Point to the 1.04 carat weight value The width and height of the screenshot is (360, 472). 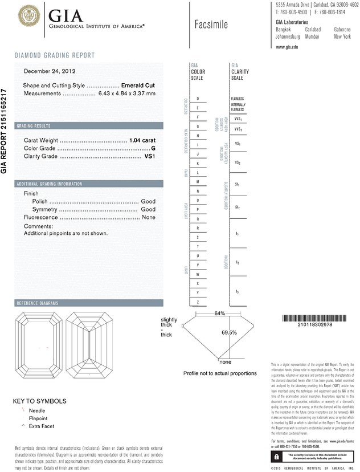[x=142, y=140]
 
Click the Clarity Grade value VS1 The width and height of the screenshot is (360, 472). [x=150, y=156]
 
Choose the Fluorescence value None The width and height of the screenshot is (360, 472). [x=149, y=218]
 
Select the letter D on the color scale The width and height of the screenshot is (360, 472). [x=198, y=99]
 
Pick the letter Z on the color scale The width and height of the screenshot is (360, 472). [x=198, y=302]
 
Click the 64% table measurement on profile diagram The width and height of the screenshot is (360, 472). [x=220, y=314]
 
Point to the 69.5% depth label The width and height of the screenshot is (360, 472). [x=229, y=332]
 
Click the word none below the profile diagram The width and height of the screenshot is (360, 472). [x=226, y=362]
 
